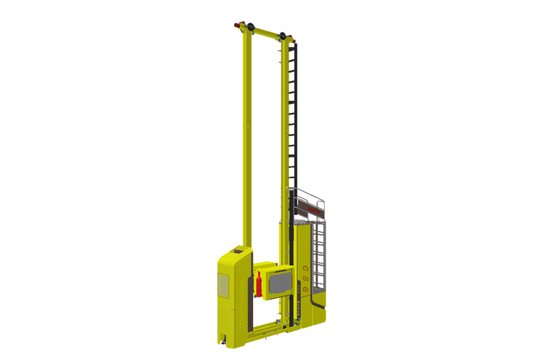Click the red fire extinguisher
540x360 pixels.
click(259, 284)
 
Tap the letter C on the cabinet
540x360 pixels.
click(305, 269)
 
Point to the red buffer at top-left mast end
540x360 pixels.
click(238, 25)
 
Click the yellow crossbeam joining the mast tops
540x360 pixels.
click(266, 31)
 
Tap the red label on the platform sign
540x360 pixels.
click(313, 209)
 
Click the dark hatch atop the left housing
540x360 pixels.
click(239, 251)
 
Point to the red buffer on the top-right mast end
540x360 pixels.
click(294, 40)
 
